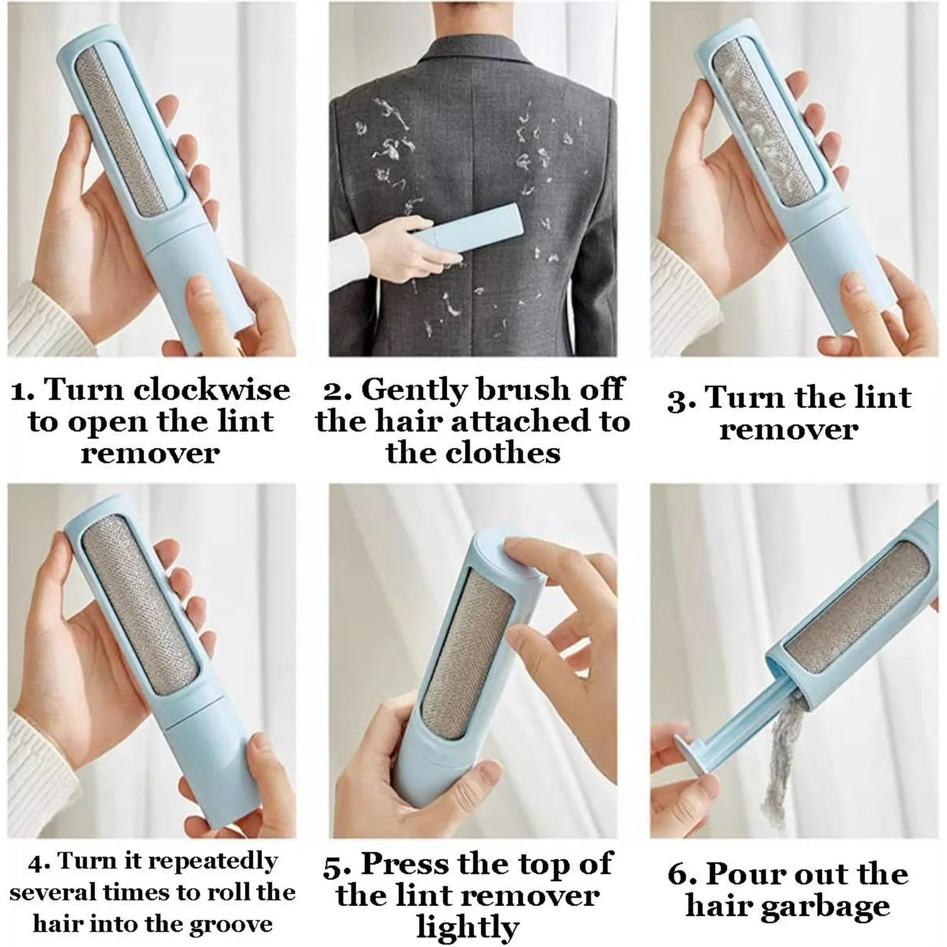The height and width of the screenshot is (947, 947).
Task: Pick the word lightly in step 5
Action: pos(468,928)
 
